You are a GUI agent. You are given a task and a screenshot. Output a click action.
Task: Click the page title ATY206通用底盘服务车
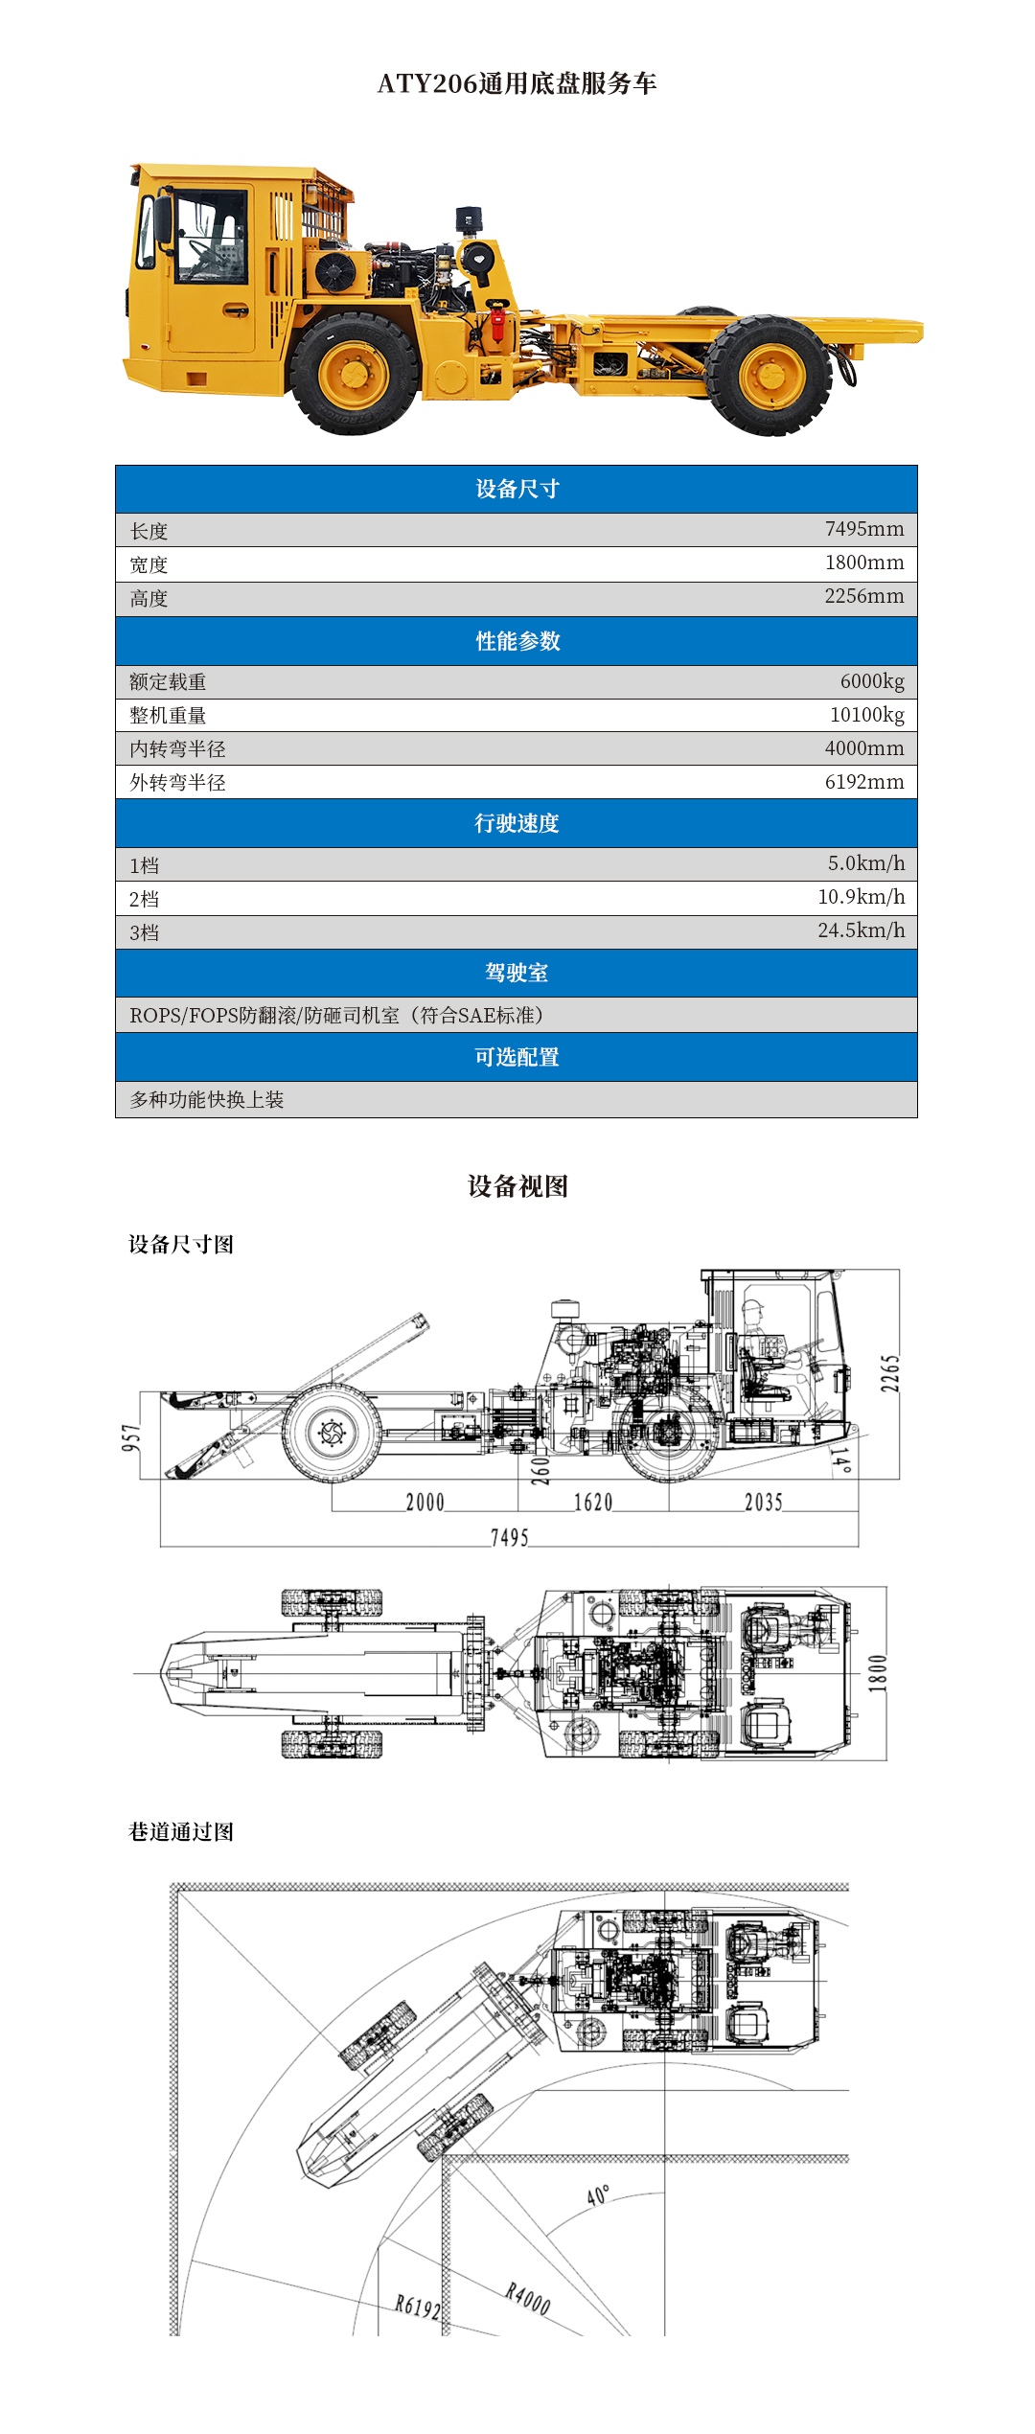pos(517,84)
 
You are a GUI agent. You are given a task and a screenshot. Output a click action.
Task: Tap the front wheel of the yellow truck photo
pos(354,374)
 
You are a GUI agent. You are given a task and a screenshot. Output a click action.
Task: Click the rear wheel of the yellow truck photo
pos(769,375)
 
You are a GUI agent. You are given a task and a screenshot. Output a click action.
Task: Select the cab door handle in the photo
pos(235,310)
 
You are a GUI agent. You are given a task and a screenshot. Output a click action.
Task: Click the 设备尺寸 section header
pos(517,489)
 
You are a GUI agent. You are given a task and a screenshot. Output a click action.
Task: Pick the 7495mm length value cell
pos(863,529)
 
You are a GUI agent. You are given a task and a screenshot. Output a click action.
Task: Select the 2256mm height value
pos(863,596)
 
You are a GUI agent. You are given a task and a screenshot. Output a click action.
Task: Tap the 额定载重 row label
pos(168,682)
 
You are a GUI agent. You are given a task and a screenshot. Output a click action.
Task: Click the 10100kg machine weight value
pos(866,715)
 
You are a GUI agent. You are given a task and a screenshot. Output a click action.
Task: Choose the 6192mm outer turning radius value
pos(863,782)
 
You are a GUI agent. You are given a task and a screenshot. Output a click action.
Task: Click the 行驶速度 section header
pos(517,823)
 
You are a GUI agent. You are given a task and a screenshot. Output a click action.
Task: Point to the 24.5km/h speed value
pos(861,930)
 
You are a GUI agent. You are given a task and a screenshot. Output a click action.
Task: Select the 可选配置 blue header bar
pos(517,1057)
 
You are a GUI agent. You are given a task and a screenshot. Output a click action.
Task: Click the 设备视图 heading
pos(517,1186)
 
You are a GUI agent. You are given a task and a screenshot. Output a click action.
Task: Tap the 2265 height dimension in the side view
pos(890,1374)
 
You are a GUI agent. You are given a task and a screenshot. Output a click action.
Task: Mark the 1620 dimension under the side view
pos(593,1502)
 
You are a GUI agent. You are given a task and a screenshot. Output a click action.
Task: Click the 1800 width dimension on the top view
pos(877,1673)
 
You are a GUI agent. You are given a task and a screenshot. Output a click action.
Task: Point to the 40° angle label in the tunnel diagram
pos(598,2195)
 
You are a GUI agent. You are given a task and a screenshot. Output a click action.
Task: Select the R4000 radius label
pos(528,2298)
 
